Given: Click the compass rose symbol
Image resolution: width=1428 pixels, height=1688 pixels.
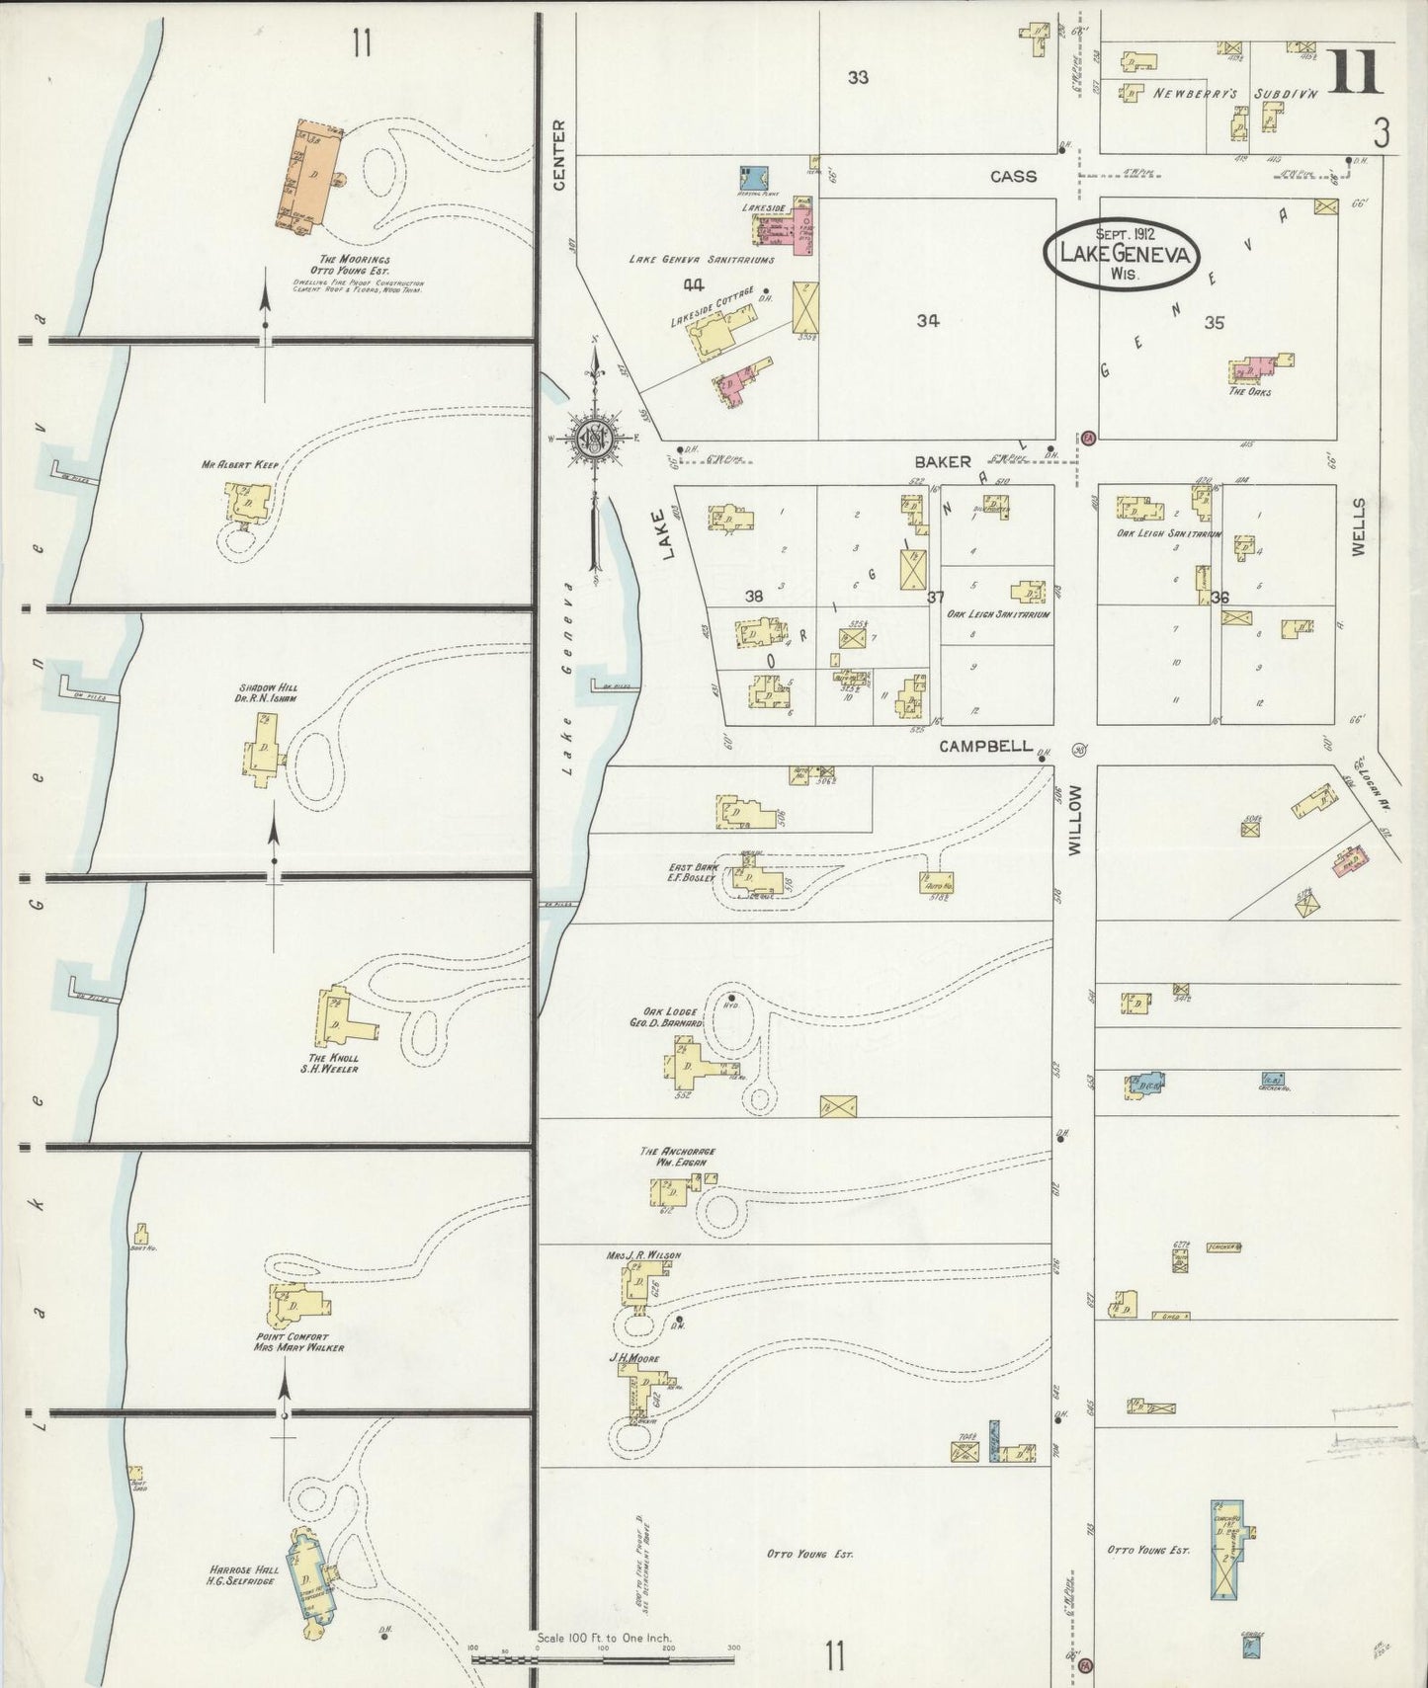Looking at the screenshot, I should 596,439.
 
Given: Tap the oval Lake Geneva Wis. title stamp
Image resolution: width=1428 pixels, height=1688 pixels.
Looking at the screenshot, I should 1124,253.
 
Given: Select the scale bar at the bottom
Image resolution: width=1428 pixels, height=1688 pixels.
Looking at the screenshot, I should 603,1659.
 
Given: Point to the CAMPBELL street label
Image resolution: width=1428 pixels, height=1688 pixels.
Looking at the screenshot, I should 985,746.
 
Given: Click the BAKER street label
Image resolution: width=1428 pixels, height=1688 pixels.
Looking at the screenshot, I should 942,461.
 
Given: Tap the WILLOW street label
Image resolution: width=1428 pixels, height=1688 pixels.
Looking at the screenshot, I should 1075,819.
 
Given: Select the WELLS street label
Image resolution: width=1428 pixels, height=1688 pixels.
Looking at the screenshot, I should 1358,526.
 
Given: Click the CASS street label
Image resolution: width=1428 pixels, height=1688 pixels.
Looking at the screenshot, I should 1013,176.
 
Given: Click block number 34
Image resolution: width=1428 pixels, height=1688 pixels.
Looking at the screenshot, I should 927,320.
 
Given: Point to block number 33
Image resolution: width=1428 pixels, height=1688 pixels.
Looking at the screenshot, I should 858,76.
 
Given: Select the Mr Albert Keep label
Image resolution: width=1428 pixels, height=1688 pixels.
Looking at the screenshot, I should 240,463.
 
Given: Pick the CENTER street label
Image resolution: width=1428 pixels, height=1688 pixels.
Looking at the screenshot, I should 559,155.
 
